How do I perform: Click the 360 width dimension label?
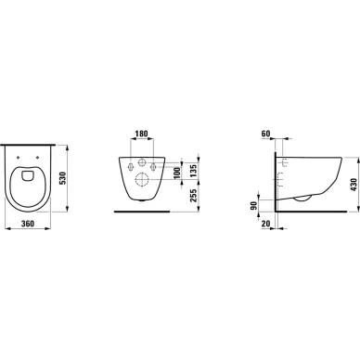pos(28,224)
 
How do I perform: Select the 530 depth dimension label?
pos(63,178)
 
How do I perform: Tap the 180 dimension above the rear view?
pos(142,134)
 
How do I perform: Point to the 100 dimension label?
pos(176,173)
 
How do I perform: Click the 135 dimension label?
pos(193,171)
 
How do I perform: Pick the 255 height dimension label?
pos(193,196)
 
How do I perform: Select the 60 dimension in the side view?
pos(265,134)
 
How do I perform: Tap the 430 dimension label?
pos(354,185)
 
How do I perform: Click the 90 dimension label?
pos(253,205)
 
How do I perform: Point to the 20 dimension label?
pos(265,224)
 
